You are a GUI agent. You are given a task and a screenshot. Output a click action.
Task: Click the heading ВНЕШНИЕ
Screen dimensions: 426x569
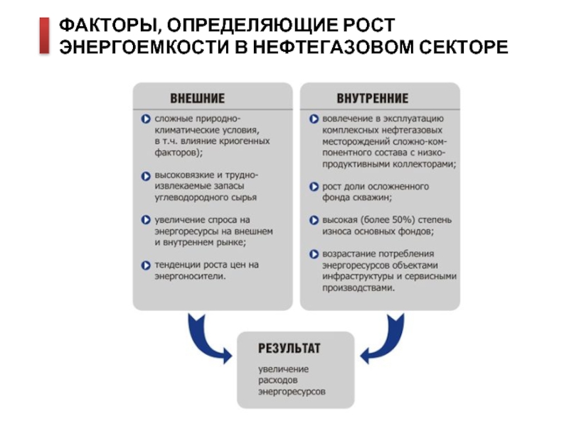point(197,98)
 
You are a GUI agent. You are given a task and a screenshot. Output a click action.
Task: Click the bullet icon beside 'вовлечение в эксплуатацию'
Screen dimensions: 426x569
point(314,119)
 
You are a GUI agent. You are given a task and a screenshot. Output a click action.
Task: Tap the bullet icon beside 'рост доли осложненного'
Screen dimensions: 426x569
point(314,186)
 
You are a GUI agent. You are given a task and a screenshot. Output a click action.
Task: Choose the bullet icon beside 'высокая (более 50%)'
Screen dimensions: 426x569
point(314,219)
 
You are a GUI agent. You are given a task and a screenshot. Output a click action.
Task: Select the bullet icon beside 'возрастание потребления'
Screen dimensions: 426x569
point(314,253)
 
